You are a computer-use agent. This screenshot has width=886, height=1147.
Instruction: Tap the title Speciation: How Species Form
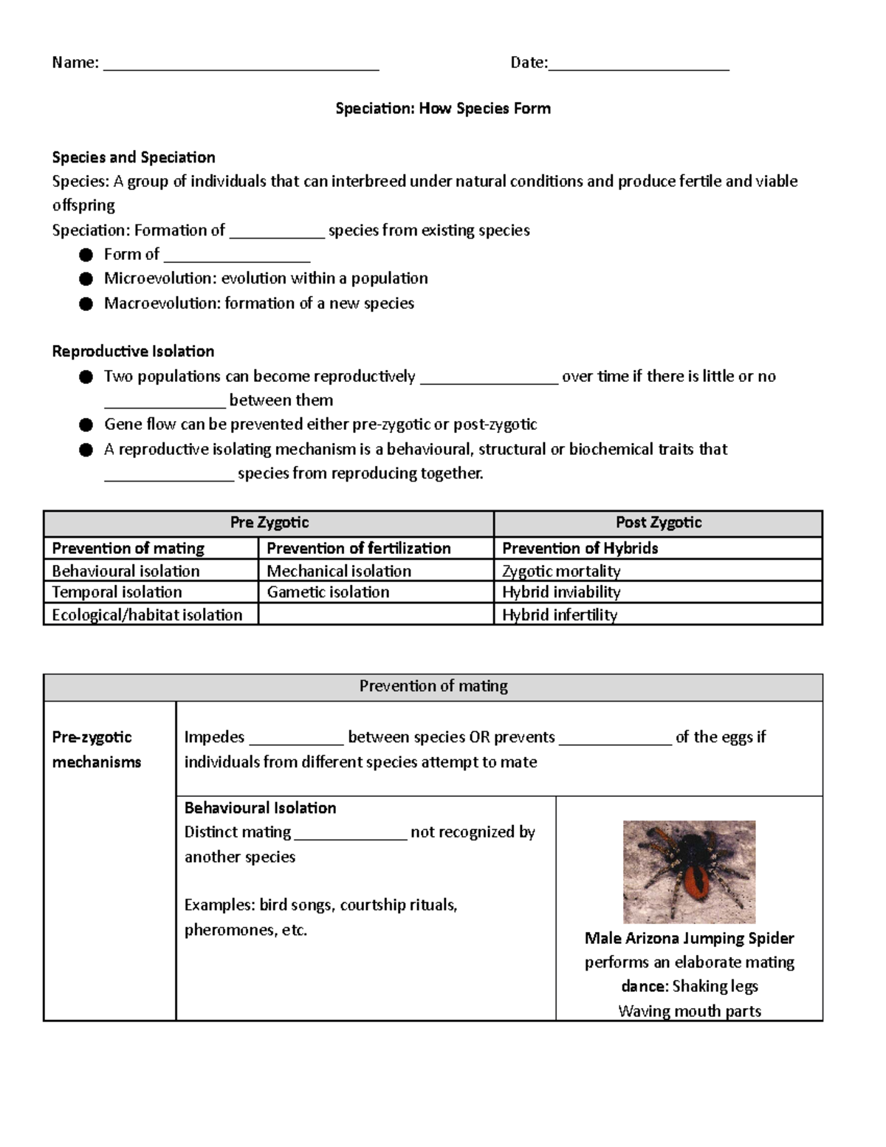pos(443,109)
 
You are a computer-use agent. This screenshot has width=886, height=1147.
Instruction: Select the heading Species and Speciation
pos(134,157)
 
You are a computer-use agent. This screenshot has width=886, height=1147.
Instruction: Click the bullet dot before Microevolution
pos(86,279)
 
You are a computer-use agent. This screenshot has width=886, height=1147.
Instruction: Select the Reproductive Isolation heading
pos(133,352)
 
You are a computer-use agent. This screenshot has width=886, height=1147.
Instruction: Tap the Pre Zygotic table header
pos(269,523)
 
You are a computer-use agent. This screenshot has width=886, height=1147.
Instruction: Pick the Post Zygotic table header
pos(658,523)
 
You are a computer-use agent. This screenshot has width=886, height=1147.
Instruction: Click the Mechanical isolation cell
pos(339,571)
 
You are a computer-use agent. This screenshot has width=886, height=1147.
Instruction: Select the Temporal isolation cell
pos(117,592)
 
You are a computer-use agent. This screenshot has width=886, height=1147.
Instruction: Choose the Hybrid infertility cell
pos(560,614)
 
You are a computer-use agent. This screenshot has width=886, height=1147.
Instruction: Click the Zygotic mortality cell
pos(561,571)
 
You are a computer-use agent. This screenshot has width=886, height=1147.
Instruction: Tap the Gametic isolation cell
pos(328,592)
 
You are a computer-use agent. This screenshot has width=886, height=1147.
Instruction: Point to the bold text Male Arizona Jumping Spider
pos(689,938)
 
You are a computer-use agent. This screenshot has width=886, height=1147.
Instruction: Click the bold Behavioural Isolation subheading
pos(260,808)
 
